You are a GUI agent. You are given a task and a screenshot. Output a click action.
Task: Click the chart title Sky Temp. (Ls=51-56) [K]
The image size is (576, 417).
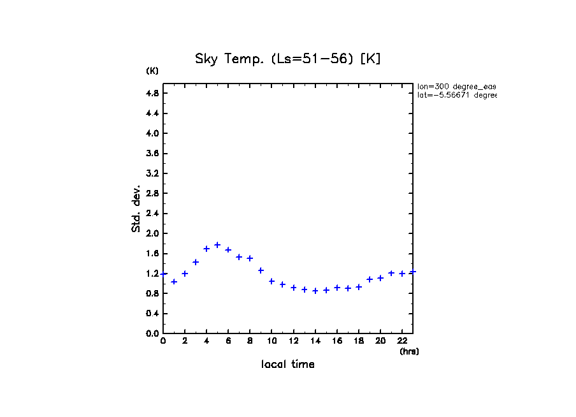coord(288,59)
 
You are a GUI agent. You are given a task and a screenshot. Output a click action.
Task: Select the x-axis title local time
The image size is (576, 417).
coord(288,365)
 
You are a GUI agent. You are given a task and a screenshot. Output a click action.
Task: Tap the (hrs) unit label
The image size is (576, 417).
coord(409,351)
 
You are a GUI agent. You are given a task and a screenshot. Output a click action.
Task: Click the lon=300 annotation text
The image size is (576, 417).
coord(456,86)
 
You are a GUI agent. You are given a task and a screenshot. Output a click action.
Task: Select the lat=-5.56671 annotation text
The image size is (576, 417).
coord(456,95)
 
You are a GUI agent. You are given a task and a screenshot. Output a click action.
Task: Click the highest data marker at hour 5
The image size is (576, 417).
coord(217,245)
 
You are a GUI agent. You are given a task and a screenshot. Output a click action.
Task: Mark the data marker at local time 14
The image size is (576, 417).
coord(315,291)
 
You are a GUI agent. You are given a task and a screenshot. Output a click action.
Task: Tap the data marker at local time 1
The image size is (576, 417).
coord(174,281)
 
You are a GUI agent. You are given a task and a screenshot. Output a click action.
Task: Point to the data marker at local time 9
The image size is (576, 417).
coord(261,270)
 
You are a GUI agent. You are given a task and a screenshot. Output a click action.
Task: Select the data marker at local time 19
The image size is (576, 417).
coord(370,279)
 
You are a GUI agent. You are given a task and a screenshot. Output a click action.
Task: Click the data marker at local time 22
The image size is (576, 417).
coord(402,274)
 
